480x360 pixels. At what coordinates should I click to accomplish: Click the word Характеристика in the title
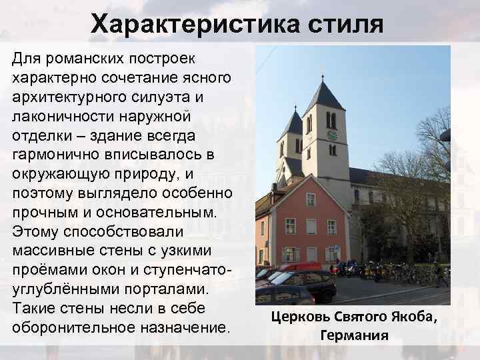tap(196, 25)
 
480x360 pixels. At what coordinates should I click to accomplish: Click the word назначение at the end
tap(189, 328)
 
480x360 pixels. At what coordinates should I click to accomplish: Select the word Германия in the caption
tap(354, 335)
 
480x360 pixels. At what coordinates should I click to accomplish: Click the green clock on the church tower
tap(331, 136)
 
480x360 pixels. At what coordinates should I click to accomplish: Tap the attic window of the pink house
tap(310, 199)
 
